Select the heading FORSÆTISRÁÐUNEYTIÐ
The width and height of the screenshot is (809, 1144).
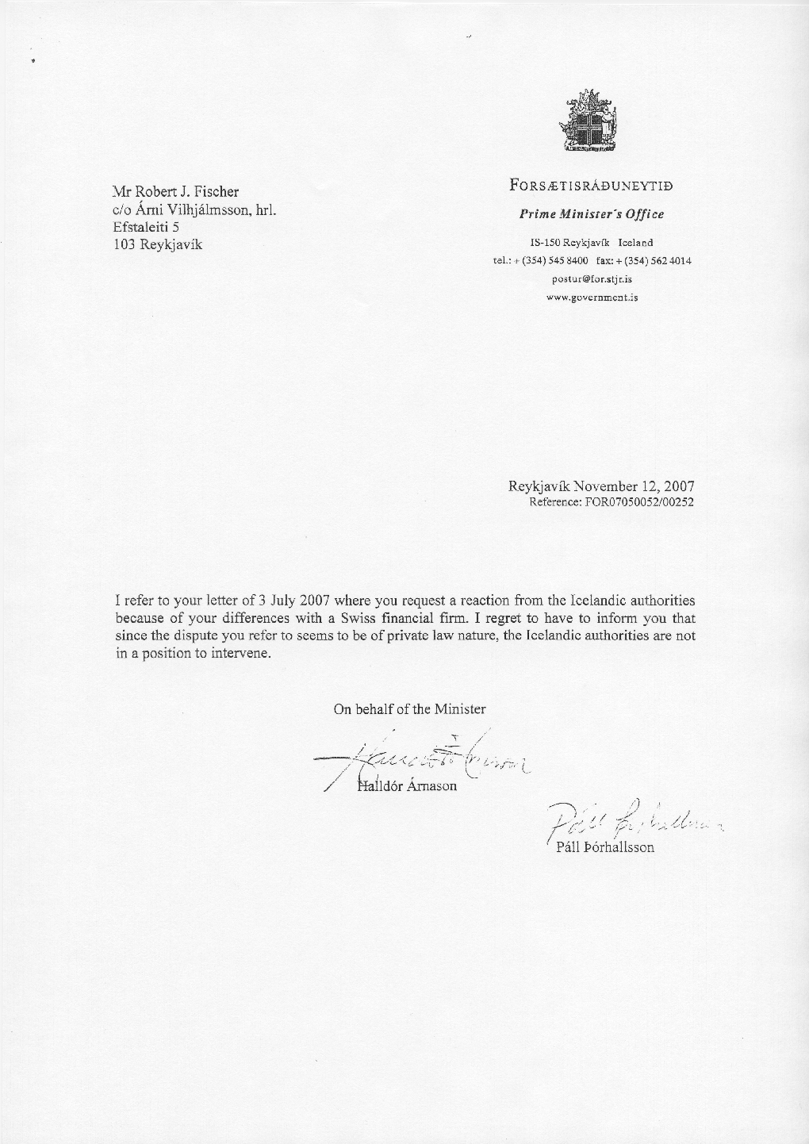[591, 186]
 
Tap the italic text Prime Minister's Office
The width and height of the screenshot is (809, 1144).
[591, 214]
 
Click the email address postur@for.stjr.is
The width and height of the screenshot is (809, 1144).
[592, 279]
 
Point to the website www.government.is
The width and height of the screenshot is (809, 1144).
[592, 298]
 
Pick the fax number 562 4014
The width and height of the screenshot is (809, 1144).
[672, 261]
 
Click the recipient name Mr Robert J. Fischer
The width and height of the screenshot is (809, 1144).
[176, 191]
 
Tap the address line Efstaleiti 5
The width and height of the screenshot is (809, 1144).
[148, 227]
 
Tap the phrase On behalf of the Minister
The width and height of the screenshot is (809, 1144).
[409, 709]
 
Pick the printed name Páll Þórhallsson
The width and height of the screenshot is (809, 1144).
[605, 847]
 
